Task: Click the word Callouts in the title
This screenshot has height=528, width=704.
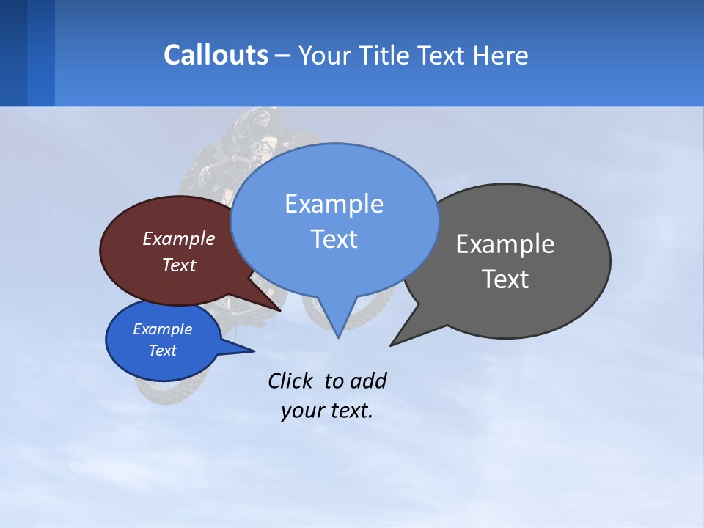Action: click(x=216, y=55)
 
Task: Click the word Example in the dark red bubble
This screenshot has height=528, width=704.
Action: click(x=179, y=238)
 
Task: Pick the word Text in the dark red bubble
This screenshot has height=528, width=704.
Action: click(x=179, y=265)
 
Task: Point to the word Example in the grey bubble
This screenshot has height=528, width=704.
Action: click(x=505, y=244)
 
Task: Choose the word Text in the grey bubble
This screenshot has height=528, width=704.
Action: click(x=505, y=279)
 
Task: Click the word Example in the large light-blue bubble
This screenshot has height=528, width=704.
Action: click(x=334, y=204)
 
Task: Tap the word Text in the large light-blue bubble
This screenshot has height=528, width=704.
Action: click(x=334, y=239)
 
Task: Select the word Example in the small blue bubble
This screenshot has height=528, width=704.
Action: click(x=163, y=329)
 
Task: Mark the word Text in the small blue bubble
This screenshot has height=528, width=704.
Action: click(x=163, y=351)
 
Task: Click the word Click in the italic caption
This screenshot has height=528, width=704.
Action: click(x=292, y=381)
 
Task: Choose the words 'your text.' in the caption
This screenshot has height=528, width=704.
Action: click(x=327, y=411)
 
